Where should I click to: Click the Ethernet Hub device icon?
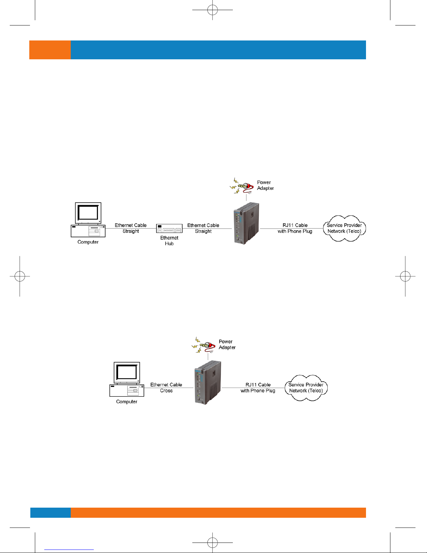tap(169, 228)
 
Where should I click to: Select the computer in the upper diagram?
tap(88, 220)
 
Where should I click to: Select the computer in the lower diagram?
tap(127, 379)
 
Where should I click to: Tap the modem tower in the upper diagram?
tap(246, 223)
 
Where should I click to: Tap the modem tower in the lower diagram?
tap(208, 382)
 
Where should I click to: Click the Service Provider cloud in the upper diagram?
tap(344, 228)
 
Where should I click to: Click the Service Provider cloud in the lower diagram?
tap(306, 388)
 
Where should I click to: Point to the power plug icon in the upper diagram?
tap(242, 186)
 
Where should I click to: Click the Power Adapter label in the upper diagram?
tap(265, 185)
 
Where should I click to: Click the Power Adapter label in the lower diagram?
tap(227, 344)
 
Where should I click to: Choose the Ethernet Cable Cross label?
tap(166, 388)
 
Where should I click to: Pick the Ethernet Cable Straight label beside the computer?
tap(131, 228)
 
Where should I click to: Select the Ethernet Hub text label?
tap(169, 240)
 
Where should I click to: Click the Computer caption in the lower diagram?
tap(127, 402)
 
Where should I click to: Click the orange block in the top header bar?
tap(50, 50)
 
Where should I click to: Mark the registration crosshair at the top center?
tap(213, 10)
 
